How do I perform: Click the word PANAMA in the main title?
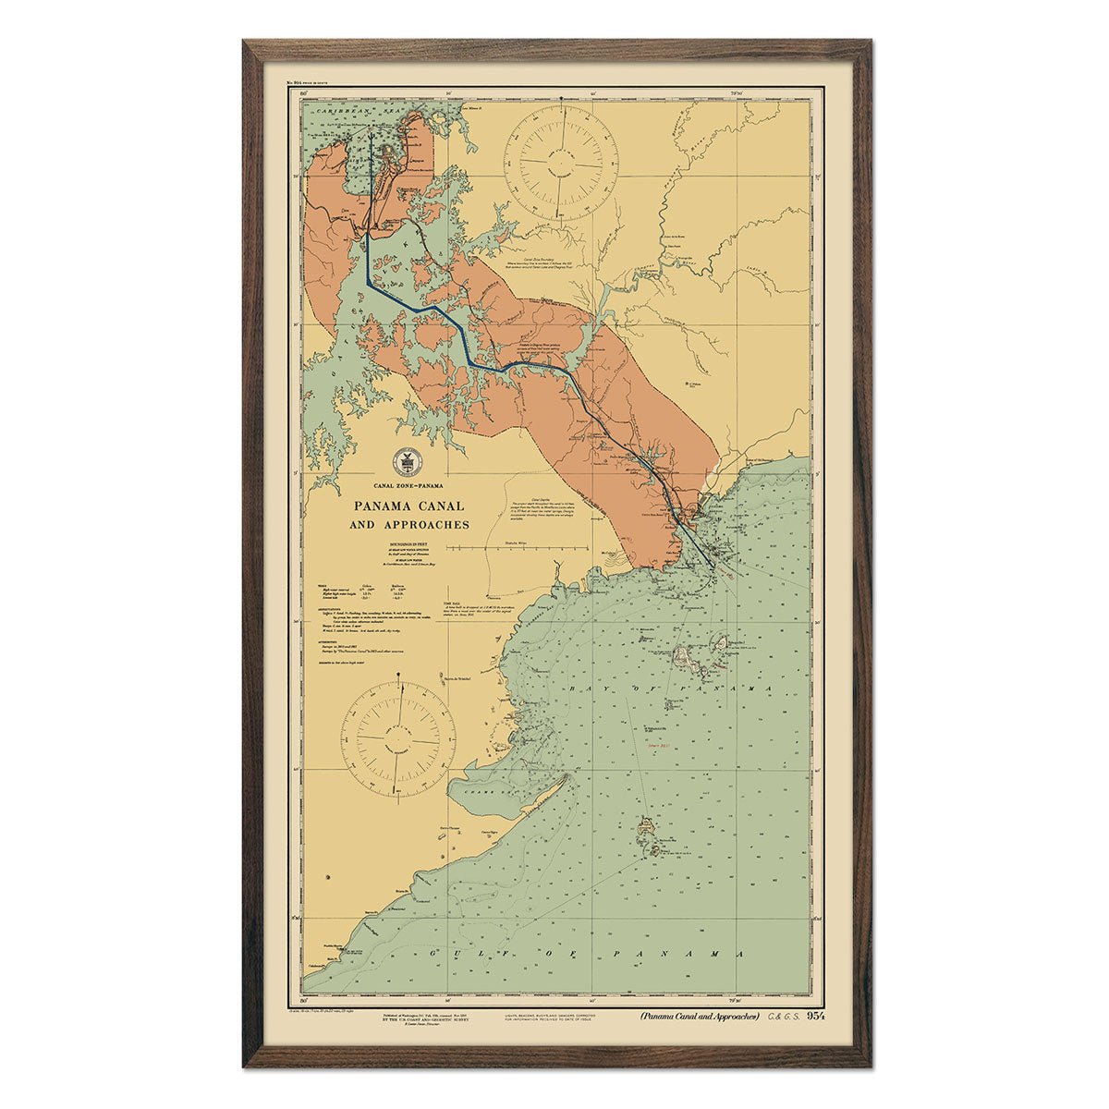(x=380, y=506)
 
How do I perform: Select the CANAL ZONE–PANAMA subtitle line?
(x=403, y=485)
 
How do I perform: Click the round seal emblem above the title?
(x=404, y=460)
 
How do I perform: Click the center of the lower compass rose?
(x=398, y=735)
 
